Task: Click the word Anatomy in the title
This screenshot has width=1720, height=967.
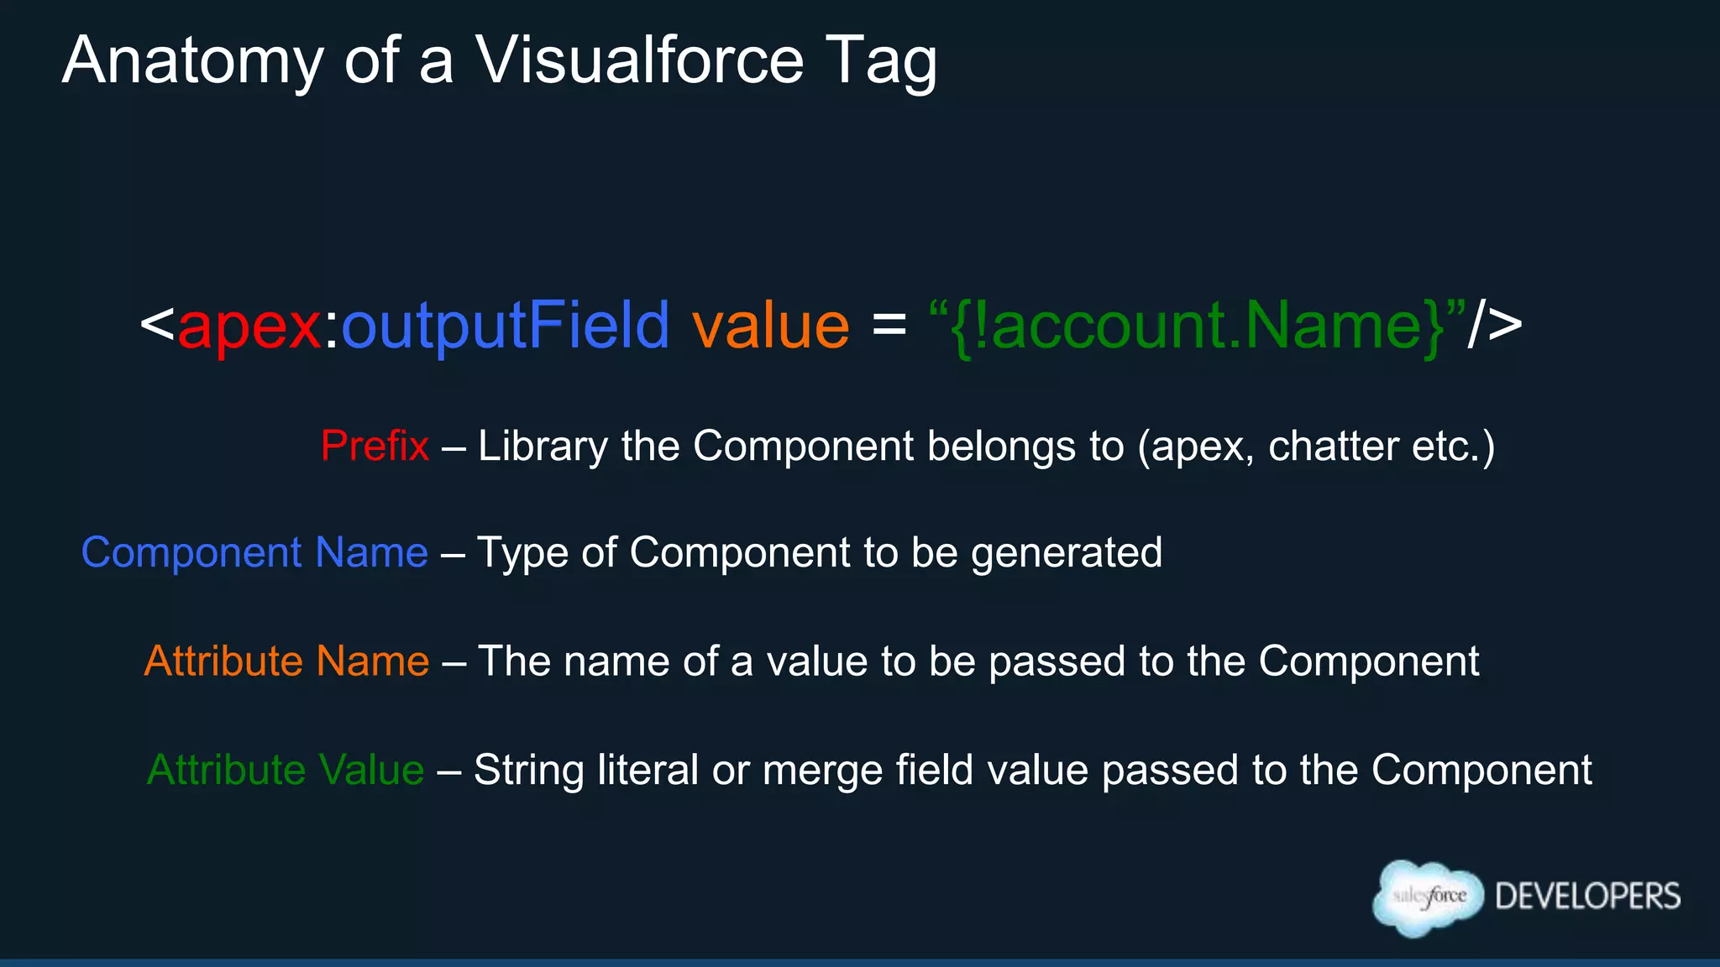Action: pyautogui.click(x=192, y=61)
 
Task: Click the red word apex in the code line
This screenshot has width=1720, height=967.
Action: pyautogui.click(x=249, y=326)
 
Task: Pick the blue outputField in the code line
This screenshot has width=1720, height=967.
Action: pyautogui.click(x=506, y=326)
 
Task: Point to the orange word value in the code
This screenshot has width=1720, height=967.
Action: pyautogui.click(x=770, y=326)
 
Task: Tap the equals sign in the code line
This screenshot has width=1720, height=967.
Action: pyautogui.click(x=889, y=324)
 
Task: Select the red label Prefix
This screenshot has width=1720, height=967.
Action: pyautogui.click(x=375, y=446)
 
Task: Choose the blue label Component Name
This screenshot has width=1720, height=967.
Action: pyautogui.click(x=254, y=553)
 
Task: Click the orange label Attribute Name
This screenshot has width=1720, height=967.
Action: pyautogui.click(x=286, y=661)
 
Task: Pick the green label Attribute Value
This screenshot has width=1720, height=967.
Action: pyautogui.click(x=286, y=770)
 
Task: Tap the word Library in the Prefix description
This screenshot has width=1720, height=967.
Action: pyautogui.click(x=543, y=446)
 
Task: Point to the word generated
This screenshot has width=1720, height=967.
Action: pyautogui.click(x=1067, y=553)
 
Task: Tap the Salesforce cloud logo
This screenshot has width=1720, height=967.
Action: pyautogui.click(x=1428, y=897)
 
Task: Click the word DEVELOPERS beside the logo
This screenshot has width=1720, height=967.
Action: pyautogui.click(x=1587, y=896)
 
